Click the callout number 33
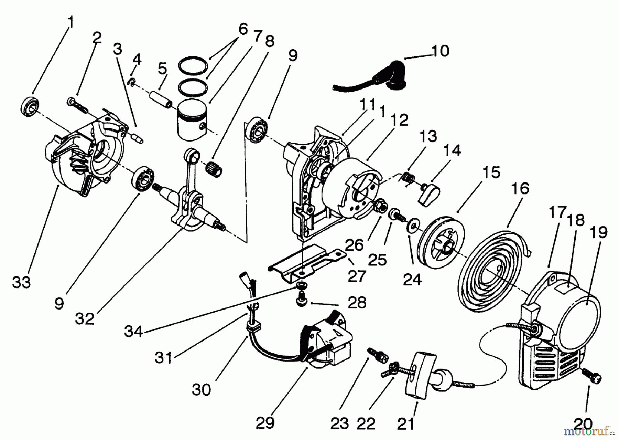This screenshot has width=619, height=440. [21, 282]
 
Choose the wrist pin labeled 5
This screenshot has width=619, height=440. [160, 99]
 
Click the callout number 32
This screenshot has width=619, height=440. [85, 319]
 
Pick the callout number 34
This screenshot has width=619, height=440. [133, 331]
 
